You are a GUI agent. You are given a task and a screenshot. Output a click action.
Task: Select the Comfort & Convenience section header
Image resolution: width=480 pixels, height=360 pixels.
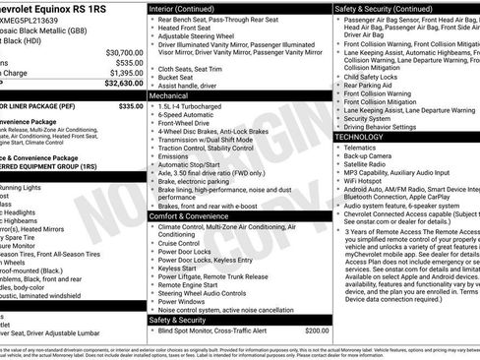193,215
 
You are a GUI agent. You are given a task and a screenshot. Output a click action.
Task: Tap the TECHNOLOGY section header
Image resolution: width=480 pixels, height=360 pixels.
366,137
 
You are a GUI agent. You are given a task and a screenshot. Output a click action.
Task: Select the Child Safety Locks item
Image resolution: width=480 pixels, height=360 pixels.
375,76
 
